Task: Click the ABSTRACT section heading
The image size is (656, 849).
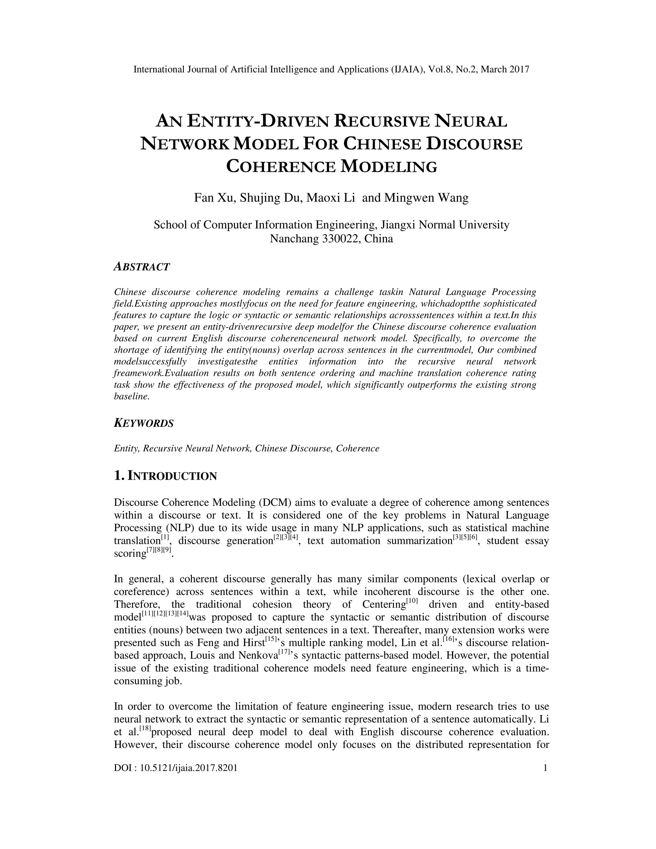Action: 142,267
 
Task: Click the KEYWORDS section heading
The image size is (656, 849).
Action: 143,423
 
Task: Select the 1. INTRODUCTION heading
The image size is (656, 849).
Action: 165,475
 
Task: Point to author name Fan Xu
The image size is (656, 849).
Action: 214,198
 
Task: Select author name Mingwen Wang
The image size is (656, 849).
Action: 426,198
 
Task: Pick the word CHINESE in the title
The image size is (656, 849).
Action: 382,144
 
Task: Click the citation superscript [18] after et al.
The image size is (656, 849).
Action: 144,728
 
